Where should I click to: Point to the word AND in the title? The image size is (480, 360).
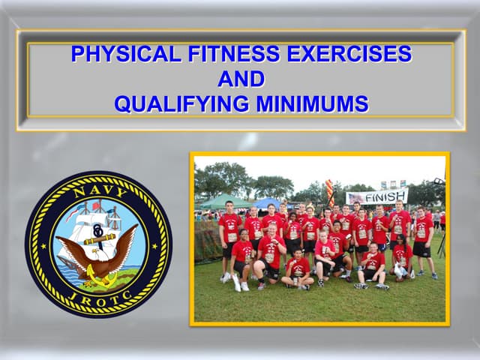tap(241, 79)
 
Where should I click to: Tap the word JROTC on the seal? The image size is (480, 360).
tap(98, 298)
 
